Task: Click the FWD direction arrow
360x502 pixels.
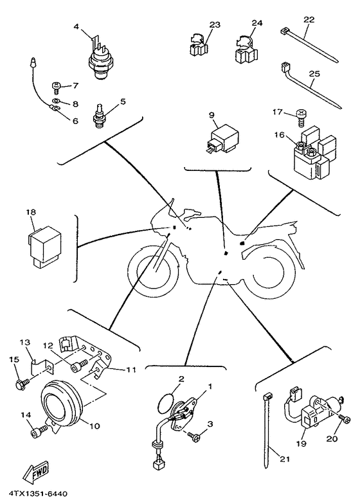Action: [x=36, y=472]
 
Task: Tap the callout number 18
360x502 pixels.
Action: [x=32, y=212]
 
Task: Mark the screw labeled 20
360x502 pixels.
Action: [x=345, y=418]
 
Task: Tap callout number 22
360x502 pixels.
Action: [x=309, y=20]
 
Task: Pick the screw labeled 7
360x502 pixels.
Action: [x=56, y=87]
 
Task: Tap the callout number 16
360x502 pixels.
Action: [x=280, y=135]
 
